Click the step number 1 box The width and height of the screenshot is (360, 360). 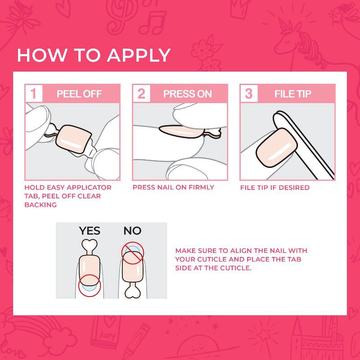pyautogui.click(x=33, y=94)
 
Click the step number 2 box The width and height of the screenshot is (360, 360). pyautogui.click(x=141, y=94)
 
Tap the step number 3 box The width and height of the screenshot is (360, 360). pyautogui.click(x=249, y=94)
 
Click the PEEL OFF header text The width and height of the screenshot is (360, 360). pyautogui.click(x=79, y=94)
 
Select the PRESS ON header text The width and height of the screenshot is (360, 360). pyautogui.click(x=187, y=94)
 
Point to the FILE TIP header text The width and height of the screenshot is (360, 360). pyautogui.click(x=293, y=94)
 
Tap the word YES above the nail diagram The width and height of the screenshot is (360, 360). pyautogui.click(x=90, y=231)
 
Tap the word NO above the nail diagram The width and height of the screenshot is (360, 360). pyautogui.click(x=132, y=231)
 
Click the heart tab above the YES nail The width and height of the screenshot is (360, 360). pyautogui.click(x=89, y=245)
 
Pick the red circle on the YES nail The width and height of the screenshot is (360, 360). pyautogui.click(x=89, y=285)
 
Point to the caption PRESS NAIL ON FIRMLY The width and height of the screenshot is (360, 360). pyautogui.click(x=173, y=187)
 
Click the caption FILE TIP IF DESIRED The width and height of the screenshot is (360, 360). pyautogui.click(x=274, y=187)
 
